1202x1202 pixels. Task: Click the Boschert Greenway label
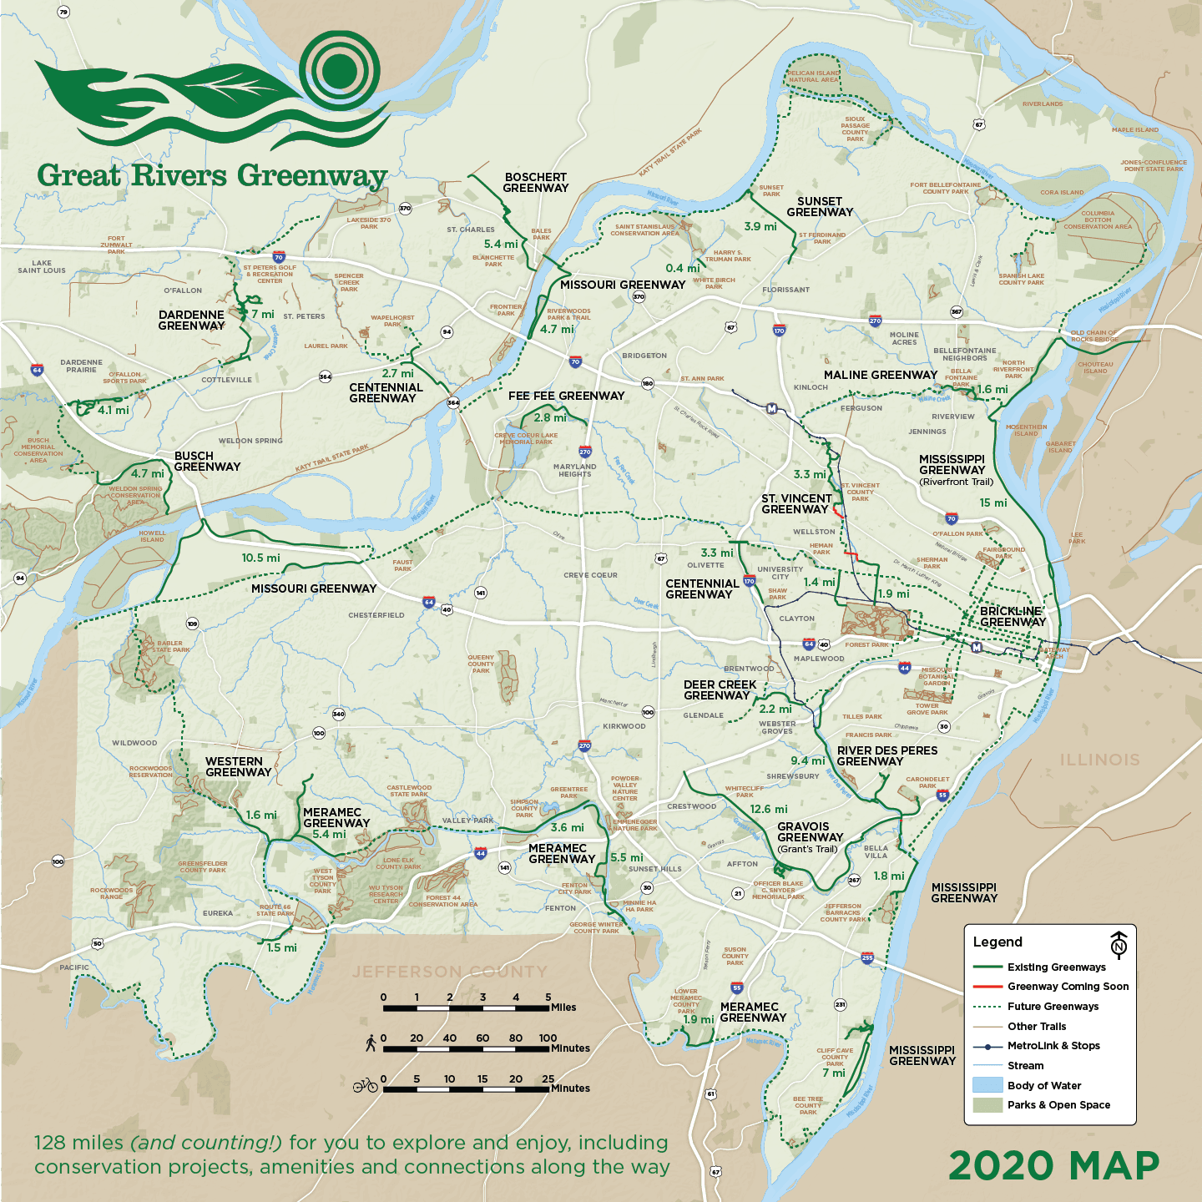pos(535,183)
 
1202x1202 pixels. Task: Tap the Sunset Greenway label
pos(820,207)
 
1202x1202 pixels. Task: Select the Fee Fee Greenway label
pos(566,396)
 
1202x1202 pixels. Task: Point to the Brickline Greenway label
pos(1012,617)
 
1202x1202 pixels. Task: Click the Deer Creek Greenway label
pos(719,690)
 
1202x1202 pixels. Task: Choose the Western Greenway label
pos(237,767)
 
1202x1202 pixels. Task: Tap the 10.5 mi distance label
pos(260,558)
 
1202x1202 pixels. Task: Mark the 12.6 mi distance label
pos(768,809)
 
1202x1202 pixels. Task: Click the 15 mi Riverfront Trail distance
pos(992,503)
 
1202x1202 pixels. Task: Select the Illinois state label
pos(1099,760)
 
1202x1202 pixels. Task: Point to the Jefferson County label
pos(449,972)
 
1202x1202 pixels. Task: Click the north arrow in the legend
pos(1119,944)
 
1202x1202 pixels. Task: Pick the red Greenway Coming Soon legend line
pos(987,987)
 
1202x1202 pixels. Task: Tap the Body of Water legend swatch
pos(987,1085)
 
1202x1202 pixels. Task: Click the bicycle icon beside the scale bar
pos(365,1085)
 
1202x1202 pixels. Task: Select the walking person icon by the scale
pos(371,1043)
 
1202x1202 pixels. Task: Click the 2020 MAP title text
pos(1053,1166)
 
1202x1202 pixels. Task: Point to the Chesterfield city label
pos(376,615)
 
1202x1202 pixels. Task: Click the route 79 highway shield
pos(63,12)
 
